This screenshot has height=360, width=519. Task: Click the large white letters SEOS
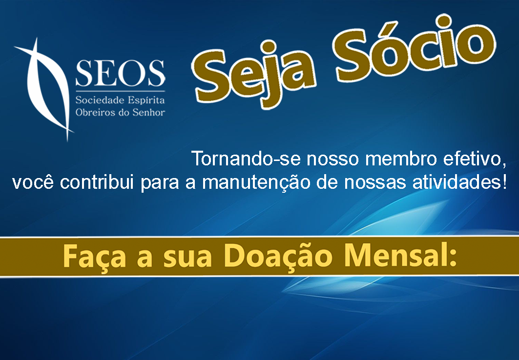coord(120,73)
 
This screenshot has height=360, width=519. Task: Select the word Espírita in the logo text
coord(146,100)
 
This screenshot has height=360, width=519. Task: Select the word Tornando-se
coord(246,159)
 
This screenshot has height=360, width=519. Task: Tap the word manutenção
coord(256,182)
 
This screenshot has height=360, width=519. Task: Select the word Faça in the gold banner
coord(94,257)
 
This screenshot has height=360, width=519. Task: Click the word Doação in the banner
coord(278,256)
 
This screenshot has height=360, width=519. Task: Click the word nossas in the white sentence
coord(375,183)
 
